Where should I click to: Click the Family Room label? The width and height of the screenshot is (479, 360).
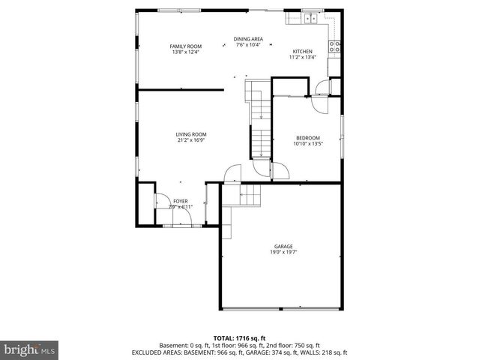point(186,46)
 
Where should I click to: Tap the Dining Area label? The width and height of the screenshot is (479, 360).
point(247,39)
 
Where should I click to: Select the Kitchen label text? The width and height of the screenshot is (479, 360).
point(303,51)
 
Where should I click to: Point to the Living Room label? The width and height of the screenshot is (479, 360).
point(192,134)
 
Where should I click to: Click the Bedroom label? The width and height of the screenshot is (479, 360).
point(308,138)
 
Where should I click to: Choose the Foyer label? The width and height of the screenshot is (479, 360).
point(181,201)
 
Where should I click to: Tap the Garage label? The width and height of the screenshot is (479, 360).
point(283,246)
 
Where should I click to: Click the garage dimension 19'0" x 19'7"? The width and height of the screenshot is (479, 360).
point(283,253)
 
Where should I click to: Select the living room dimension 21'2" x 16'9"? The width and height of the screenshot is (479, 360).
point(192,140)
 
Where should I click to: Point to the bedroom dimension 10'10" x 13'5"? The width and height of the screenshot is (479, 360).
point(308,144)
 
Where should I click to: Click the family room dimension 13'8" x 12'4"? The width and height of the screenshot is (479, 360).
point(186,52)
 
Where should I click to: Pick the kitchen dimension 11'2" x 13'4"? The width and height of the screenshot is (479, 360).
point(303,57)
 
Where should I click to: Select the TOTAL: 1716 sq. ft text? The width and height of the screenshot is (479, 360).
point(239,338)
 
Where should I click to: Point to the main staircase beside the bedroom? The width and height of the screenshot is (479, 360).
point(260,127)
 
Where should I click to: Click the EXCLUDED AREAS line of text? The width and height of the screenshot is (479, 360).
point(239,352)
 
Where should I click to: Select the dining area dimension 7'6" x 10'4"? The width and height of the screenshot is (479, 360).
point(247,45)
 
